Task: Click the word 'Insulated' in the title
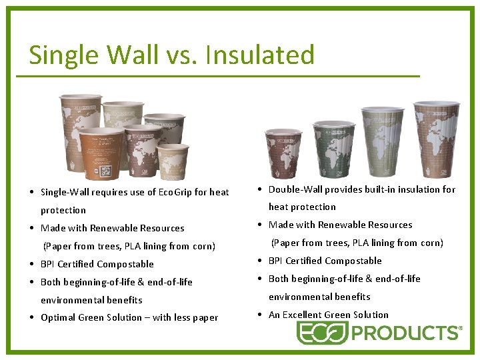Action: pos(260,55)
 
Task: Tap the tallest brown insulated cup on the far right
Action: pos(436,140)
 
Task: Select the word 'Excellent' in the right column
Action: pos(303,315)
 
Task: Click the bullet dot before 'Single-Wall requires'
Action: pos(33,192)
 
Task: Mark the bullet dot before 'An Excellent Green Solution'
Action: pos(261,315)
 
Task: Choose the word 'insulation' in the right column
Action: pos(417,189)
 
